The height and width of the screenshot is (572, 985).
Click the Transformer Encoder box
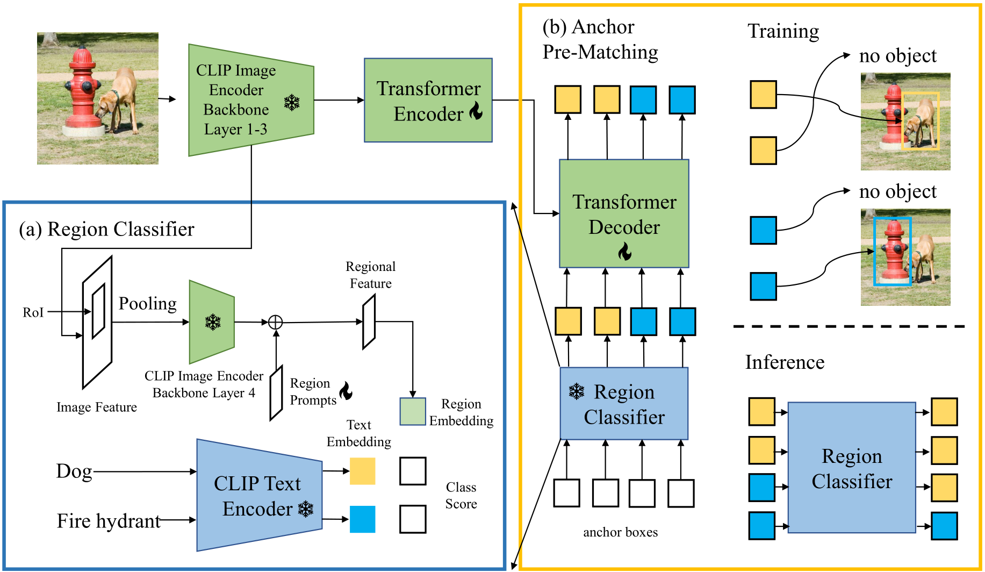click(x=428, y=100)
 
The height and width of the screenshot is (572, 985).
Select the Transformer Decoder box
click(x=624, y=213)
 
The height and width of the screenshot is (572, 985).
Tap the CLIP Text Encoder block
click(x=260, y=495)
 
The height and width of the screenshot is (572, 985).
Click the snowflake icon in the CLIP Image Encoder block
click(x=292, y=102)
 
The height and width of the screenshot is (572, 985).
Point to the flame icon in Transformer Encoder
click(x=476, y=111)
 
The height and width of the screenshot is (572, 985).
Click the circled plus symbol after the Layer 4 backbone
click(x=275, y=322)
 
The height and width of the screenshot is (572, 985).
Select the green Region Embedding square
click(x=413, y=411)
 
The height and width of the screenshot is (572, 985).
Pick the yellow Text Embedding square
click(x=363, y=471)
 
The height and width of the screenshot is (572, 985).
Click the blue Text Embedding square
click(x=363, y=519)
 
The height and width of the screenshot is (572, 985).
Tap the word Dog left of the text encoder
click(x=74, y=471)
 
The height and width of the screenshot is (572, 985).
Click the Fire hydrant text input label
click(x=109, y=521)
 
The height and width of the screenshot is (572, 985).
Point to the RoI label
click(x=33, y=312)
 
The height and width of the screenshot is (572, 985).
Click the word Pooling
click(x=148, y=304)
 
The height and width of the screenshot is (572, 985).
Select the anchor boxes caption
click(x=621, y=532)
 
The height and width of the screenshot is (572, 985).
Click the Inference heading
click(x=785, y=362)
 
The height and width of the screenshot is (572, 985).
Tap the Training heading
click(x=783, y=32)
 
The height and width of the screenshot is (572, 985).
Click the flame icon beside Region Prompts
click(x=346, y=391)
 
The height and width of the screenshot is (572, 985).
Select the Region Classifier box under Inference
click(x=852, y=468)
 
